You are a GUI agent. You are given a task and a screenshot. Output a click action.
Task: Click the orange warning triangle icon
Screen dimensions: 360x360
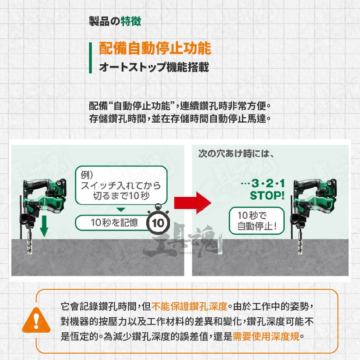click(x=36, y=321)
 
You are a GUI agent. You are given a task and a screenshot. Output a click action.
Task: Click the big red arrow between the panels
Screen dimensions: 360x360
click(x=192, y=203)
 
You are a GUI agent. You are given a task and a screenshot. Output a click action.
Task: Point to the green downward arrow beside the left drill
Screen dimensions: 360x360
click(x=44, y=226)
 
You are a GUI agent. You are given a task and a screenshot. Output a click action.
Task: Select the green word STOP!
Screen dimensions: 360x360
click(x=267, y=196)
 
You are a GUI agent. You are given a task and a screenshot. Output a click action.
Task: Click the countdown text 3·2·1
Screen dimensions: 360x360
click(x=268, y=184)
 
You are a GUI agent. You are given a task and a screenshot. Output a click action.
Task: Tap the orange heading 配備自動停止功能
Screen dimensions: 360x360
click(x=155, y=48)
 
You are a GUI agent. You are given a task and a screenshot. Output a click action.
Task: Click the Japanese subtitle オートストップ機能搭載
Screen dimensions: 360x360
click(x=154, y=67)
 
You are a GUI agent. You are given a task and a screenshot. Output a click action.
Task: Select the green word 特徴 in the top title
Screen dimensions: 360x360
click(x=131, y=21)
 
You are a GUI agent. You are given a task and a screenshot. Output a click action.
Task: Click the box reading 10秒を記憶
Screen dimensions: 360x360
click(x=114, y=222)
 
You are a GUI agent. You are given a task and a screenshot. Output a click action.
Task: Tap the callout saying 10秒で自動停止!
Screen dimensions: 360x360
click(x=257, y=221)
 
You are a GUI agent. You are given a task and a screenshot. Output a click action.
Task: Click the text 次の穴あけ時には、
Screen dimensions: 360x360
click(x=236, y=154)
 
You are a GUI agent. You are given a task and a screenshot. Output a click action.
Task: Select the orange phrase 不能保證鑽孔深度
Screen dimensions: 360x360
click(x=190, y=306)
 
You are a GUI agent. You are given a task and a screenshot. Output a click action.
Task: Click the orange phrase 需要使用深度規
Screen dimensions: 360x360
click(x=266, y=337)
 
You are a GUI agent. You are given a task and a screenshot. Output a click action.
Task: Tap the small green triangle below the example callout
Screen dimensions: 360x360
click(x=121, y=210)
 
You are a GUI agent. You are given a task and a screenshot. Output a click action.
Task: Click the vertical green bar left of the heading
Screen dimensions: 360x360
click(x=91, y=57)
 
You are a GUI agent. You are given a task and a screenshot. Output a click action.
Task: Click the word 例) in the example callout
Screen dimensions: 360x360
click(x=87, y=175)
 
